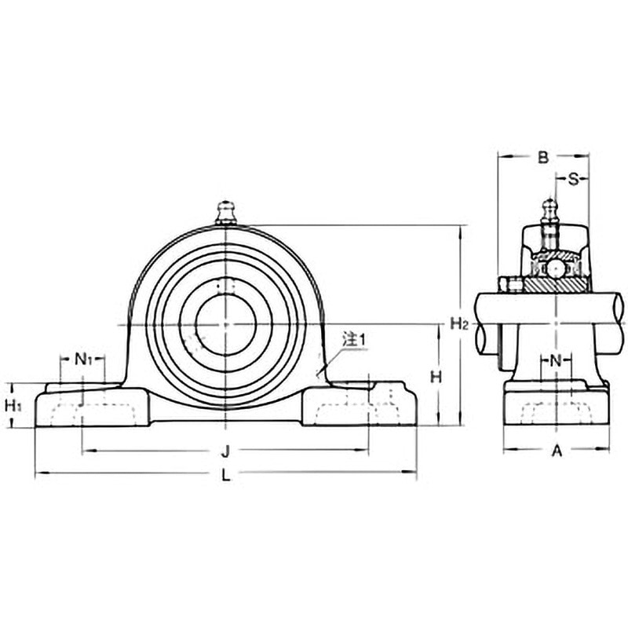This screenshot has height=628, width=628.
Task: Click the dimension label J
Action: click(x=226, y=451)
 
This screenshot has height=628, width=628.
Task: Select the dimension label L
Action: click(x=226, y=475)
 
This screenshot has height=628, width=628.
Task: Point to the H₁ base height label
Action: click(x=13, y=406)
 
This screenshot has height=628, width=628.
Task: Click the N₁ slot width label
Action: click(x=83, y=360)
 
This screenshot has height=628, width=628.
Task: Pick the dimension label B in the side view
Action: click(x=542, y=158)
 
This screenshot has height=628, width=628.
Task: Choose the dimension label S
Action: click(x=573, y=179)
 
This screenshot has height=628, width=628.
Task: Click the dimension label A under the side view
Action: click(x=557, y=451)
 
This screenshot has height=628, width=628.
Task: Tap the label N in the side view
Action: click(x=556, y=361)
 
